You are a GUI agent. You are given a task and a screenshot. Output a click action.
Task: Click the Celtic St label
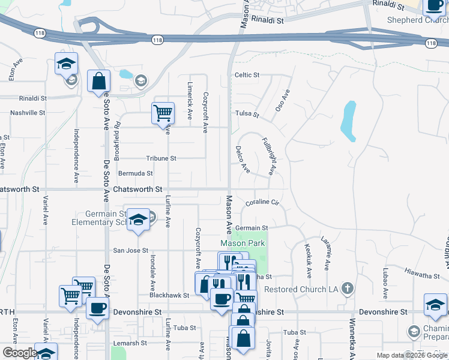tap(246, 75)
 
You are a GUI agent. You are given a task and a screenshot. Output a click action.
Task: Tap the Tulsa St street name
tap(246, 114)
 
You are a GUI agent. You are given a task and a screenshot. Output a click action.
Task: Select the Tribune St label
tap(161, 158)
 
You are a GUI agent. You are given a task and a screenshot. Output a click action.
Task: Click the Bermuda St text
tap(135, 173)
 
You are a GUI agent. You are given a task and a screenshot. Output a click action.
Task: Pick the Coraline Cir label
tap(262, 203)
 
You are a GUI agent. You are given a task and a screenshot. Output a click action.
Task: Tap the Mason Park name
tap(243, 244)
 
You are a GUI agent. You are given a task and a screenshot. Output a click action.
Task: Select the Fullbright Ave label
tap(268, 157)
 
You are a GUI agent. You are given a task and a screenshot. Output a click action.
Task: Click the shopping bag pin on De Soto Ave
tap(98, 81)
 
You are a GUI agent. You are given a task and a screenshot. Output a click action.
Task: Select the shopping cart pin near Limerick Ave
tap(163, 112)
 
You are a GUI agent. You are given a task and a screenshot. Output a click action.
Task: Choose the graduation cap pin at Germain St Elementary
tap(138, 219)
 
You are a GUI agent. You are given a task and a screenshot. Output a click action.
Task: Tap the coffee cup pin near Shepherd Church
tap(434, 6)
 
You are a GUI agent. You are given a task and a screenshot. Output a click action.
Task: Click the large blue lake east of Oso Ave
tap(348, 120)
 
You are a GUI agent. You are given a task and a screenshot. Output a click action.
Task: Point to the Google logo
tap(20, 353)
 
